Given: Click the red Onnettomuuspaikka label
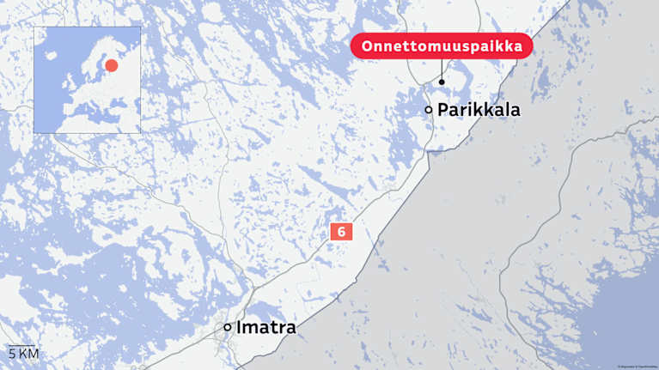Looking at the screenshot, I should [442, 46].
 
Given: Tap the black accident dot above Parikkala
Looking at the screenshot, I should [442, 82].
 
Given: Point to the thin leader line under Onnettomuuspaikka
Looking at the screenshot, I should [442, 69].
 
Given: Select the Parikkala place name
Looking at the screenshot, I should [479, 110].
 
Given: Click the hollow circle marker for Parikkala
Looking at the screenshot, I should [428, 110].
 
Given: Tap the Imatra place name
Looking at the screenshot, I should [266, 328].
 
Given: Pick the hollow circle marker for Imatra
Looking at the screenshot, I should [227, 327].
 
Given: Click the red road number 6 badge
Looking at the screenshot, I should [341, 232].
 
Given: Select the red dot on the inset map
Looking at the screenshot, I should [111, 65].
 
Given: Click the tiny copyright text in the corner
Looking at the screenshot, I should [637, 366].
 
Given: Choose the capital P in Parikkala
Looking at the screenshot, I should [443, 110].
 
